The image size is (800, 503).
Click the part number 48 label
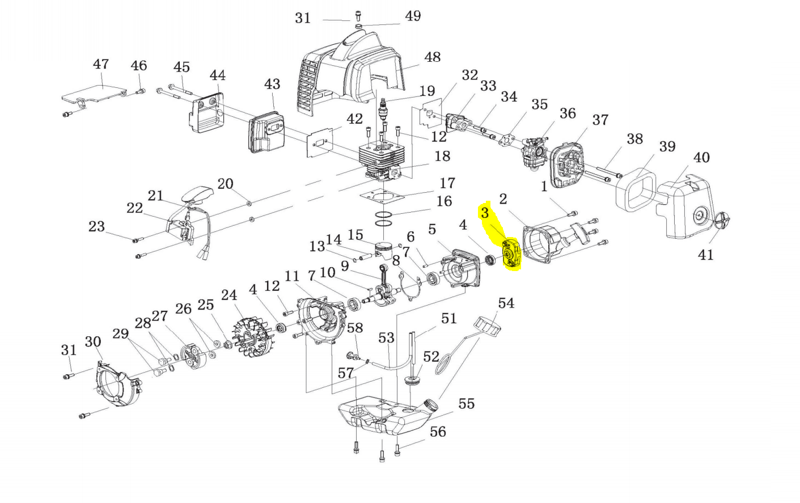click(432, 57)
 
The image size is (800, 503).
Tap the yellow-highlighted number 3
click(485, 213)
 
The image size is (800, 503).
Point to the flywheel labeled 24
click(251, 337)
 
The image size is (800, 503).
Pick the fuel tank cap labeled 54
click(487, 326)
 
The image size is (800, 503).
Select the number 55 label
click(467, 404)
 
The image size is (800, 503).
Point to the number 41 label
click(706, 255)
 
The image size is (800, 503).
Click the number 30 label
click(93, 342)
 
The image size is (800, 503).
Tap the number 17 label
click(447, 183)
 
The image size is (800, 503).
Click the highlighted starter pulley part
click(511, 255)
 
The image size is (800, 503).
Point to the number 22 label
click(134, 208)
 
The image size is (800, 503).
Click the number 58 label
click(355, 328)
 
